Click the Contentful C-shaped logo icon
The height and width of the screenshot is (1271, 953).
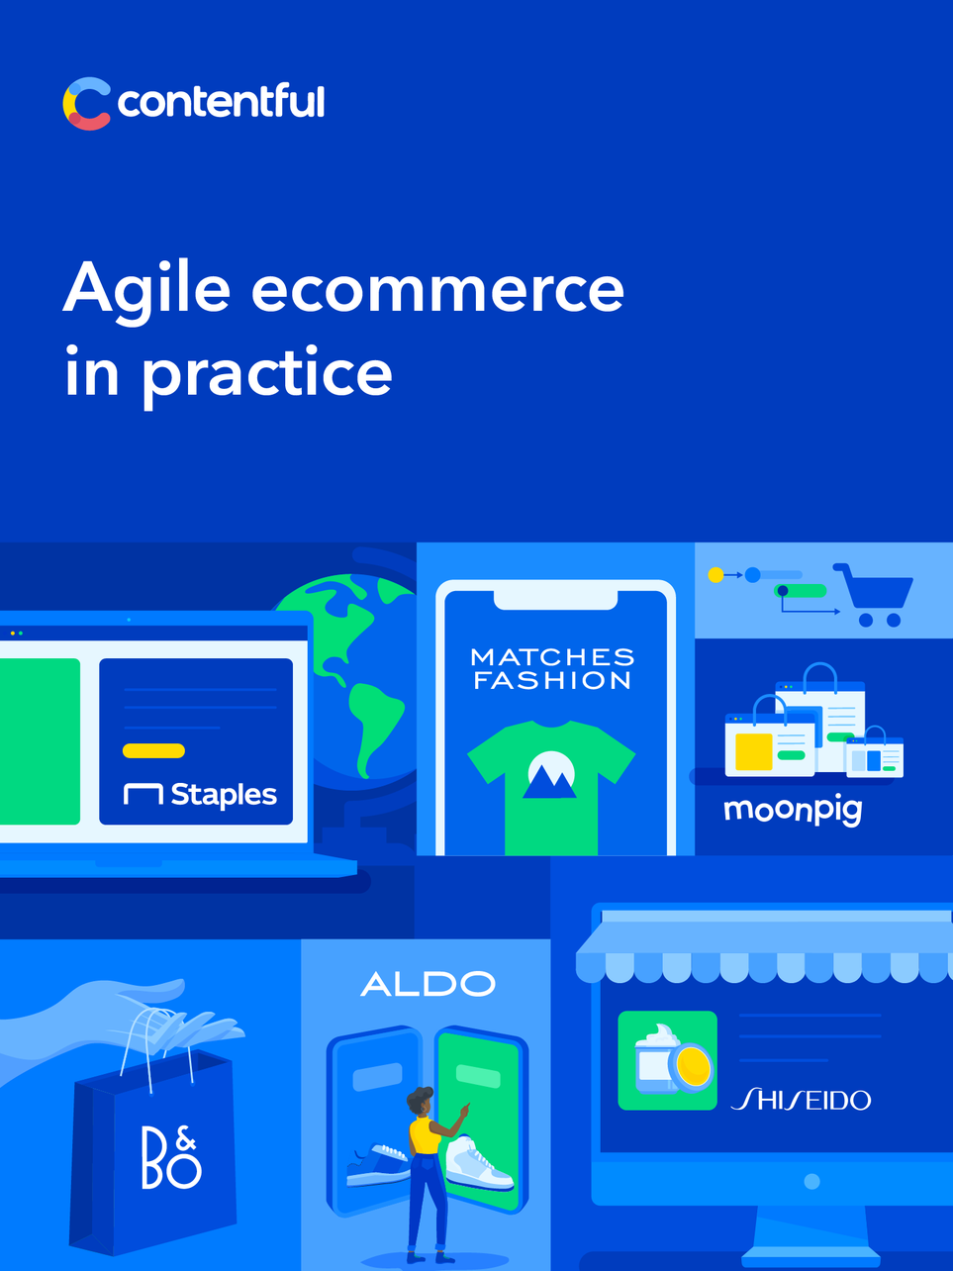point(86,103)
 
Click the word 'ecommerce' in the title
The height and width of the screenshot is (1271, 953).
point(437,289)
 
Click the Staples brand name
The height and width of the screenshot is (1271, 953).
point(224,795)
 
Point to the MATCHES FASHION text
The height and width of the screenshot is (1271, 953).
point(552,669)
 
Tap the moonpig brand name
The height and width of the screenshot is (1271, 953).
point(793,811)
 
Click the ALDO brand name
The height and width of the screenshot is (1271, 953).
point(429,984)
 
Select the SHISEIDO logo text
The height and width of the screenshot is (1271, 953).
point(802,1099)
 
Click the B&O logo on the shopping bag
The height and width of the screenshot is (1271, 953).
point(171,1158)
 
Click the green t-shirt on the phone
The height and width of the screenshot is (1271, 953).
point(551,785)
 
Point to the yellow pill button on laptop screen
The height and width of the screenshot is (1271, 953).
point(154,750)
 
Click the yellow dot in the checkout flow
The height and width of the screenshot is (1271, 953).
point(715,575)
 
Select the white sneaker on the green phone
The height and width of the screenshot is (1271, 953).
point(479,1164)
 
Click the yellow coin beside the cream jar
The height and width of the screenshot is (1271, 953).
point(692,1067)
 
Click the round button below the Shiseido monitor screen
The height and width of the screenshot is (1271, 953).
point(811,1181)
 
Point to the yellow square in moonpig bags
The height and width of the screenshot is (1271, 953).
point(754,751)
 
